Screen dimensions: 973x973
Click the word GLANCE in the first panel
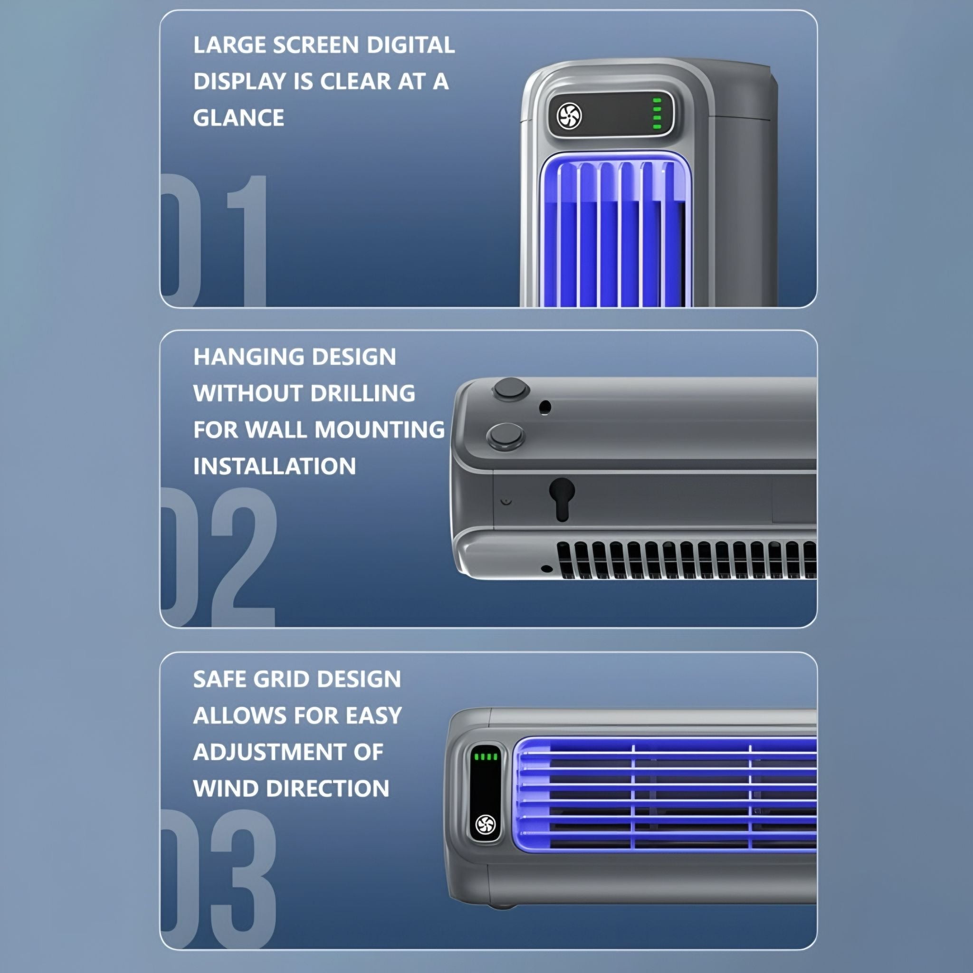[x=238, y=118]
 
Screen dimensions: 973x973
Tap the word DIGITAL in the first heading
[x=410, y=45]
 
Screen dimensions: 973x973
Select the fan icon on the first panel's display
[x=570, y=116]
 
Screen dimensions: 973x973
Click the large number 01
[x=213, y=240]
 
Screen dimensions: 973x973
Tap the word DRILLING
[x=362, y=393]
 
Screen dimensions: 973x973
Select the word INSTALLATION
[x=275, y=467]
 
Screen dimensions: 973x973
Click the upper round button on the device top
[x=510, y=389]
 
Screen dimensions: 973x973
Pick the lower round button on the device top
[x=506, y=436]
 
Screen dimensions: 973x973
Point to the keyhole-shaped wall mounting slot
[x=562, y=498]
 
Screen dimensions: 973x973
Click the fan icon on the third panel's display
[x=486, y=824]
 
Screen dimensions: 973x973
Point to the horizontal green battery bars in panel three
[x=486, y=757]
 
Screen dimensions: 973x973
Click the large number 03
[x=219, y=879]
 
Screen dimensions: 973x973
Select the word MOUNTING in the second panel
[x=380, y=429]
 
